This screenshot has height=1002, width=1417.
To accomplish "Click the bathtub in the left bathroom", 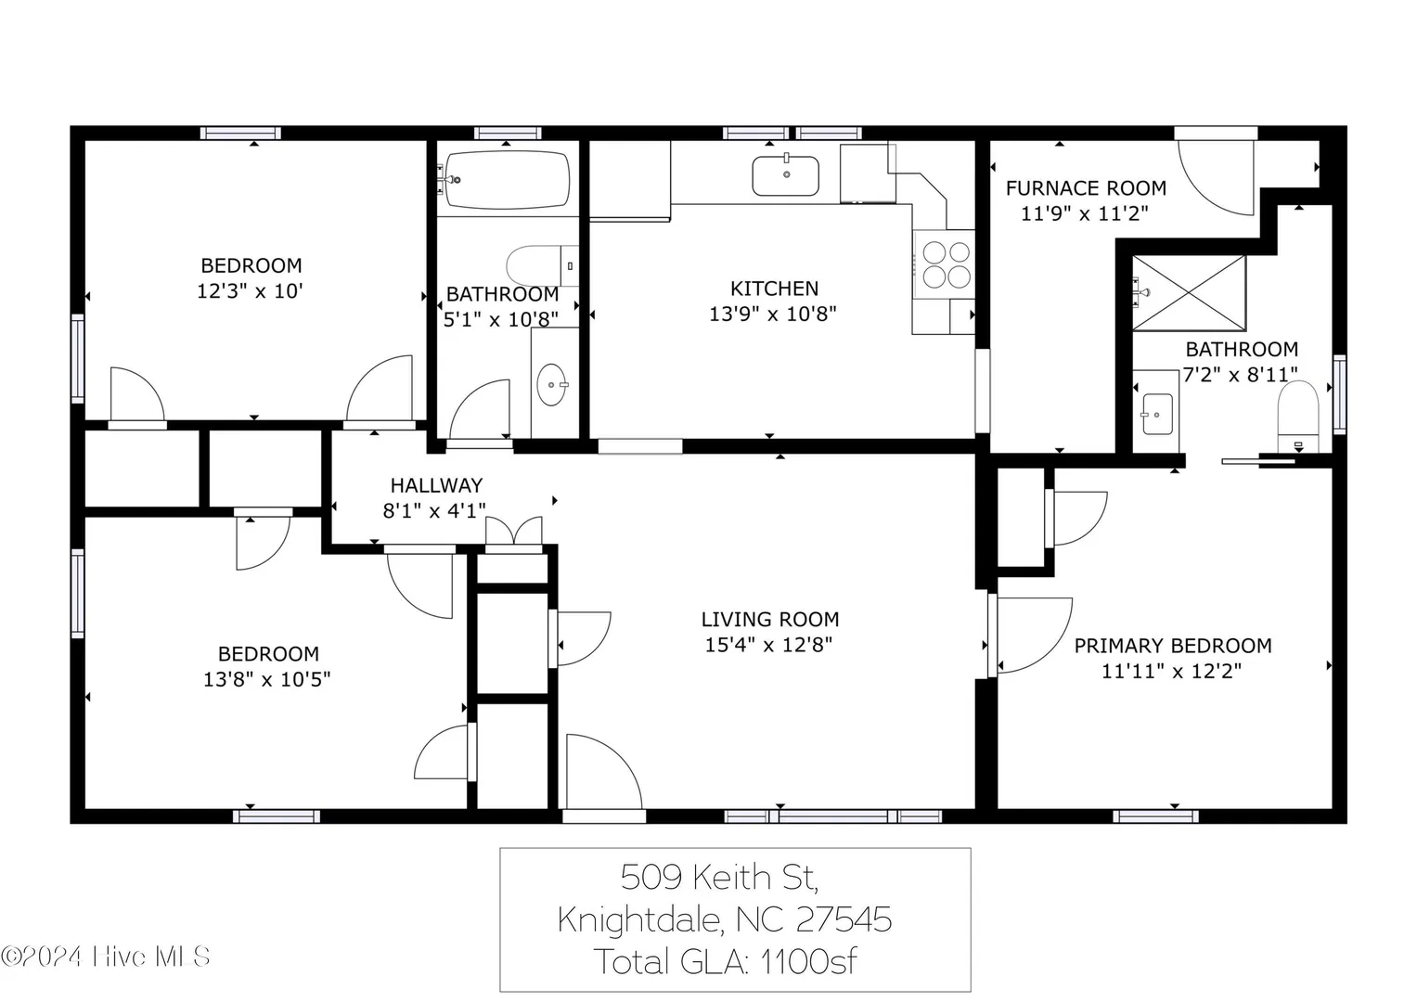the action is [507, 180].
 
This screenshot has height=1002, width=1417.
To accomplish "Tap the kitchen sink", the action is [786, 175].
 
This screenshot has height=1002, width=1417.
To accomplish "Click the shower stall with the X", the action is [1190, 293].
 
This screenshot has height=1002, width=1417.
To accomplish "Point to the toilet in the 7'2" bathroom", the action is [1298, 417].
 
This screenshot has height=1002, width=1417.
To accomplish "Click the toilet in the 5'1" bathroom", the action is [543, 265].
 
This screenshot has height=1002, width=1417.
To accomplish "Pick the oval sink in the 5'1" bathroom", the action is [552, 385].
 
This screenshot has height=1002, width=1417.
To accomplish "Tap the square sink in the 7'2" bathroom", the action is [1157, 415].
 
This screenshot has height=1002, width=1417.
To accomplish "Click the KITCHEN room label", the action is [774, 289].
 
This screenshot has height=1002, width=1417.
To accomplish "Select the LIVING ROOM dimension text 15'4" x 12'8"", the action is [768, 645].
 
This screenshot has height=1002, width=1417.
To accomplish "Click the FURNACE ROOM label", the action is [1086, 187].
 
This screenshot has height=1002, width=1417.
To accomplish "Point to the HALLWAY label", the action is [436, 485].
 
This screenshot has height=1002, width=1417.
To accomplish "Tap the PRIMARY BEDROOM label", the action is [1173, 645].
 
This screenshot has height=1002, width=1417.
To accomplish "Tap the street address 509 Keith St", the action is [720, 878].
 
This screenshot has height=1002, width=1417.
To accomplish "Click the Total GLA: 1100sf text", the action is [726, 961].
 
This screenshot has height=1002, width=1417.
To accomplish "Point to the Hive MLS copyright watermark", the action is [105, 957].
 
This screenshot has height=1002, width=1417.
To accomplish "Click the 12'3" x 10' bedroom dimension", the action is [250, 291].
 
